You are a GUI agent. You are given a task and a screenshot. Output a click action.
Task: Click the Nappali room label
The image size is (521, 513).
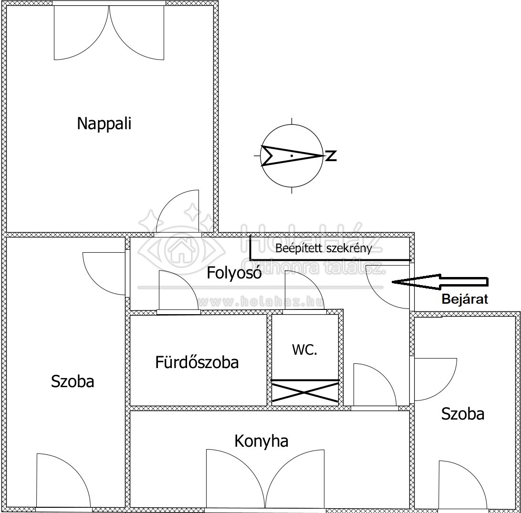click(x=104, y=123)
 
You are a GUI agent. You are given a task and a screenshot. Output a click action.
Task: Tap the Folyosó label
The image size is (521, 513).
click(x=234, y=273)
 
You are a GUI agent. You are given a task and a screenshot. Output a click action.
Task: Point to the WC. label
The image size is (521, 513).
click(x=304, y=349)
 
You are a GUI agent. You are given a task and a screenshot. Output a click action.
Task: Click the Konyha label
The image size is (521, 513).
click(x=261, y=441)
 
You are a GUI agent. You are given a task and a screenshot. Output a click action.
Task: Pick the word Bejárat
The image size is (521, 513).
click(x=465, y=299)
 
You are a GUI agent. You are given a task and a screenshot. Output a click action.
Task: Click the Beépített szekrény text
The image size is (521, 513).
click(x=323, y=248)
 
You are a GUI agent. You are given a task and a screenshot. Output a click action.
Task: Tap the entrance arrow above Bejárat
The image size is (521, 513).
click(x=440, y=282)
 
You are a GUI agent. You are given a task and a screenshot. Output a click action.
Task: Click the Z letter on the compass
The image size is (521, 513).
click(x=331, y=155)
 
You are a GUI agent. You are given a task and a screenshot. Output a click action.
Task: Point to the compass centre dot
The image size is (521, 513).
click(x=292, y=155)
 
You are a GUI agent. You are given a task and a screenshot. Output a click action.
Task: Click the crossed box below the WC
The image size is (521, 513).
click(x=305, y=392)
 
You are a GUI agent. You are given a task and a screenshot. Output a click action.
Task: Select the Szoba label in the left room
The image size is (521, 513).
click(x=73, y=381)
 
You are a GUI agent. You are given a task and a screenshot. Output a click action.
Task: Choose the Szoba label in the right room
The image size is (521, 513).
click(x=462, y=414)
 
